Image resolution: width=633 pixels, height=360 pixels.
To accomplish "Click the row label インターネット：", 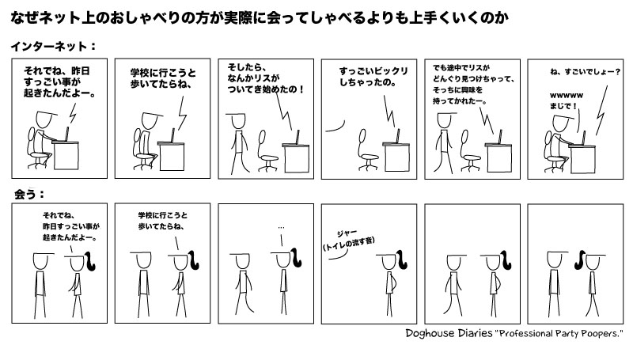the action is pos(53,46).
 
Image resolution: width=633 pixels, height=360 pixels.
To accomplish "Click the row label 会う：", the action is pos(28,194).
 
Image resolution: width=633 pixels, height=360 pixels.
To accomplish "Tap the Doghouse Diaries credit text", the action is pos(514,333).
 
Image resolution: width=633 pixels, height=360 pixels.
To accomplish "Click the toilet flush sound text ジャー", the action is pos(347,233).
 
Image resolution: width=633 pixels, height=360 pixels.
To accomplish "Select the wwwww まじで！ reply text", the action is pos(566,100).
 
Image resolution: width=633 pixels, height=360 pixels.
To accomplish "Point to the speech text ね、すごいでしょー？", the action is pos(585,72).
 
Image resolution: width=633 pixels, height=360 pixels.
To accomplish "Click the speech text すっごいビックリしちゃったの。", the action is pos(373,77).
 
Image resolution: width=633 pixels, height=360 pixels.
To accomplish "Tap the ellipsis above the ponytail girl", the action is pos(281,228).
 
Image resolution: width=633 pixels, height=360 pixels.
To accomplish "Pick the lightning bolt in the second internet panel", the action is pos(183,113).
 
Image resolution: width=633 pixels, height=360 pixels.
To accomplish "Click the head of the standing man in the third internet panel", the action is pos(238,122).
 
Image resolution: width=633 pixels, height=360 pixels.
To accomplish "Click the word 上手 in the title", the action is pos(422,17).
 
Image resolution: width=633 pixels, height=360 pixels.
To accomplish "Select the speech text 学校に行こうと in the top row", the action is pos(163,73).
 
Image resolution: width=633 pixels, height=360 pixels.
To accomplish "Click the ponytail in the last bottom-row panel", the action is pos(580,260).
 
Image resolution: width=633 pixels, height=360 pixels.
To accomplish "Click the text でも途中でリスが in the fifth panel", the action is pos(461,67).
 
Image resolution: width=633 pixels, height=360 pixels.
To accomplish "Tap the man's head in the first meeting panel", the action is pos(40,261).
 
